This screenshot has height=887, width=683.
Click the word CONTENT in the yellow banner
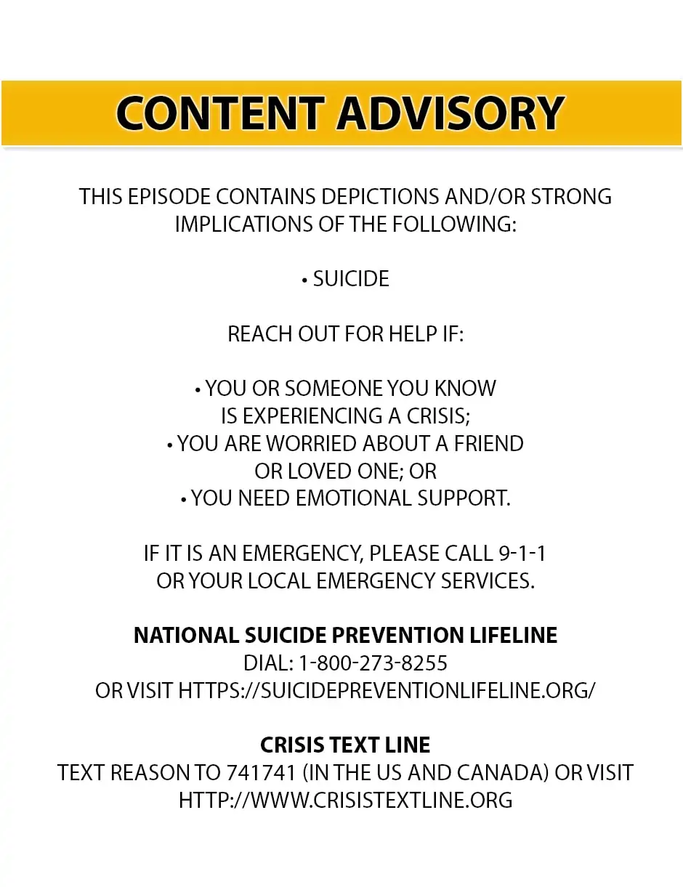coord(219,113)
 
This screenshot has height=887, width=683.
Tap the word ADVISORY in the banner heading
coord(450,113)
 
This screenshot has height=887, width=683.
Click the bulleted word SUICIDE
coord(351,279)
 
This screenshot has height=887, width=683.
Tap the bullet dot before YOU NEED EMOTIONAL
coord(184,500)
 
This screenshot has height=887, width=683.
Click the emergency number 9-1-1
coord(522,554)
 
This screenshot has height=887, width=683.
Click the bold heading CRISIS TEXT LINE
coord(345,745)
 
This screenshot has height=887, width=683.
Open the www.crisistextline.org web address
coord(345,801)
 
